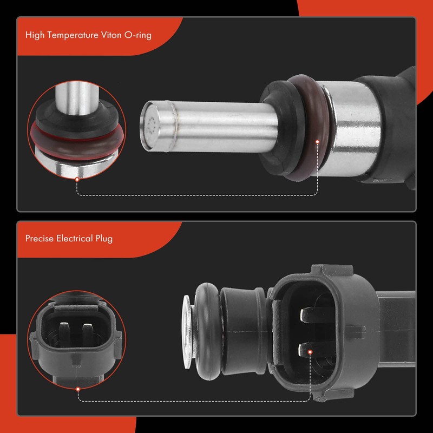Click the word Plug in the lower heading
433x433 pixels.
pos(103,238)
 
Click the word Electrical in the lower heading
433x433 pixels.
pos(74,238)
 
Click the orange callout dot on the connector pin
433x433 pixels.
pos(310,352)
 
